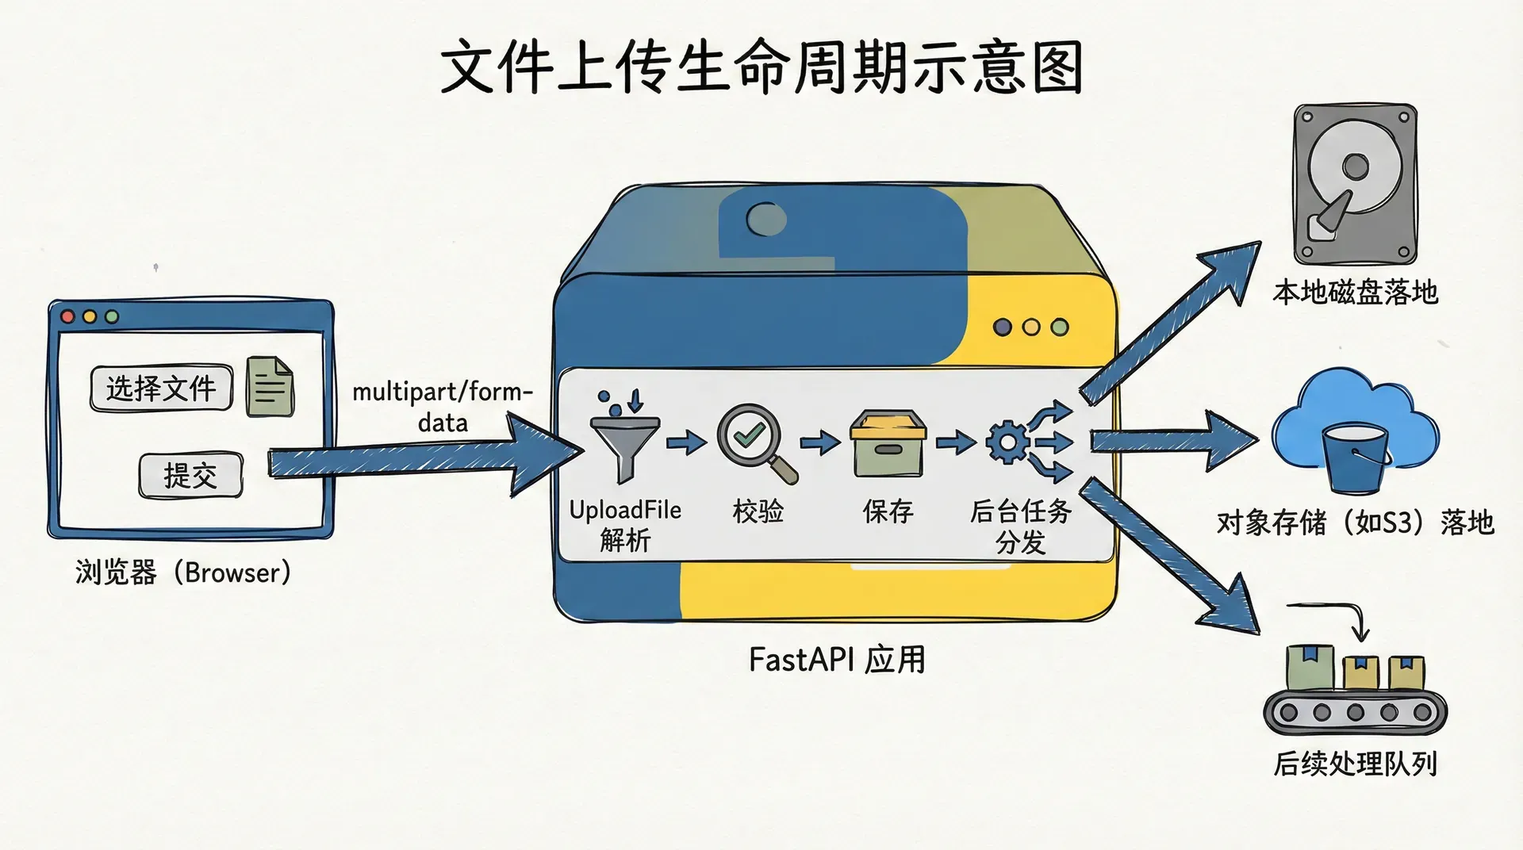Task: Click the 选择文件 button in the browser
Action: click(x=161, y=388)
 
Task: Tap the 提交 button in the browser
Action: click(x=190, y=476)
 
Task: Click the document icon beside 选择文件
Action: click(x=270, y=386)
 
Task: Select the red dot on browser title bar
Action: click(x=68, y=316)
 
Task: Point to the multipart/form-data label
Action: click(x=442, y=406)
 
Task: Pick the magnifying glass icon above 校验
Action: click(x=754, y=441)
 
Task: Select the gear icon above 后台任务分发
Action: click(x=1007, y=442)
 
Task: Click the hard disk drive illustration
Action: click(x=1355, y=184)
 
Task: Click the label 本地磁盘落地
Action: click(x=1355, y=293)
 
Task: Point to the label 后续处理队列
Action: click(x=1355, y=764)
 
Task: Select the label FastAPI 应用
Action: click(x=837, y=660)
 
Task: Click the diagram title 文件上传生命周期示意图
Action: click(x=761, y=68)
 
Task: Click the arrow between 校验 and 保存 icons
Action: click(x=819, y=442)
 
